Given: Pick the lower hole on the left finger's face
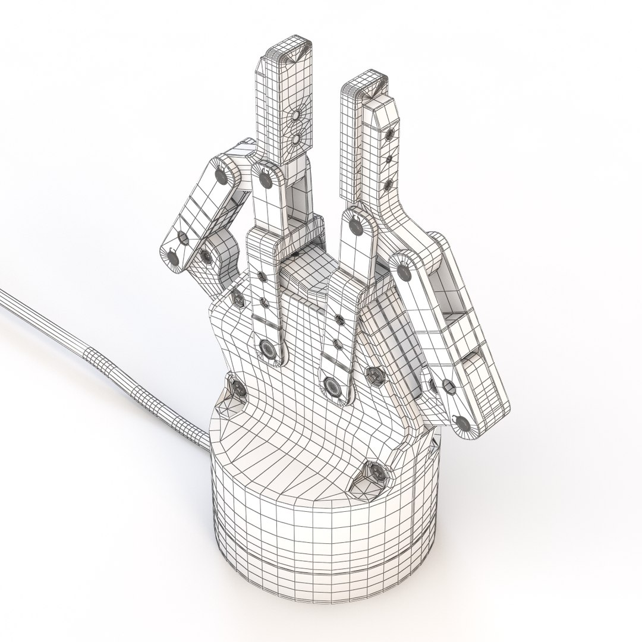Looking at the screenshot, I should click(x=295, y=139).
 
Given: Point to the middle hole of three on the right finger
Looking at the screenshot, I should click(x=389, y=159).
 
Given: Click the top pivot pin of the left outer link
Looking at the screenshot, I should click(x=222, y=175).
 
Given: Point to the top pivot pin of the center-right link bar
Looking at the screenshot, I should click(x=355, y=225).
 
